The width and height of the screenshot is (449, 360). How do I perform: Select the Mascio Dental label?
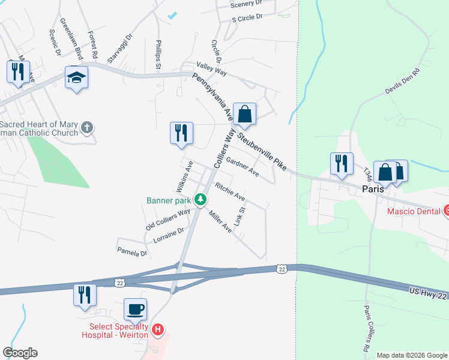pyautogui.click(x=414, y=211)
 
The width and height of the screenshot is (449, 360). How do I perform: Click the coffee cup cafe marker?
pyautogui.click(x=135, y=310)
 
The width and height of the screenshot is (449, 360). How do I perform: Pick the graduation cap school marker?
pyautogui.click(x=76, y=77)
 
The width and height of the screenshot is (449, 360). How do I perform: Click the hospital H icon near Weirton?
pyautogui.click(x=157, y=329)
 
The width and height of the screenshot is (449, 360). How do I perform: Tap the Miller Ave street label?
pyautogui.click(x=220, y=221)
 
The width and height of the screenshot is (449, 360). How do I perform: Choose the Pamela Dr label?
pyautogui.click(x=132, y=253)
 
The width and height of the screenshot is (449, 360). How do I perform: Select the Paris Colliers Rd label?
pyautogui.click(x=367, y=327)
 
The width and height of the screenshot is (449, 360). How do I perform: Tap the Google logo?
pyautogui.click(x=20, y=353)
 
